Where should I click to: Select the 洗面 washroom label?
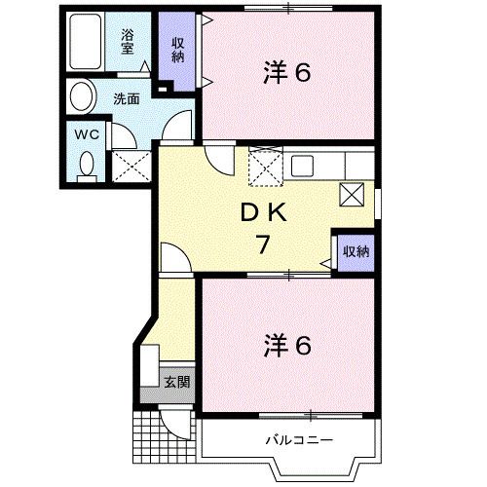(126, 98)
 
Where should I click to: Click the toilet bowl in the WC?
(86, 165)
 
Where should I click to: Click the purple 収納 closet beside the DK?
(356, 251)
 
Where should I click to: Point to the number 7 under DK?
(262, 244)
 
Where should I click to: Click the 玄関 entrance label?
(175, 381)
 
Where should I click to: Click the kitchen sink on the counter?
(300, 164)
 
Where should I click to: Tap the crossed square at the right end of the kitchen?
(352, 194)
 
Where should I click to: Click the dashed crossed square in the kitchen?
(264, 168)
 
